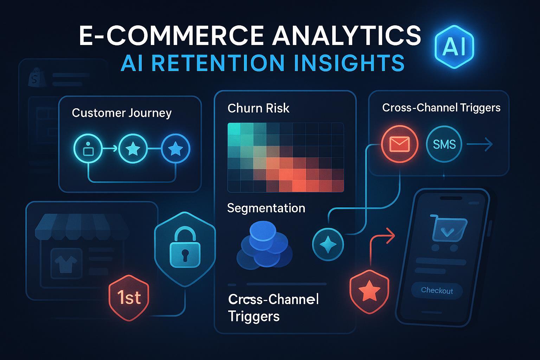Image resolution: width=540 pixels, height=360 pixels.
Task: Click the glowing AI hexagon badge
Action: [x=454, y=47]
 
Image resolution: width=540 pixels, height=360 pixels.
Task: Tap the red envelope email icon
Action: [x=399, y=144]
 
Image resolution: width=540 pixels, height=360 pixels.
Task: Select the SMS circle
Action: [x=444, y=144]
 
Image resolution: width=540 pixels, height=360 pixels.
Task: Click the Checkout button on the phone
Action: [x=437, y=290]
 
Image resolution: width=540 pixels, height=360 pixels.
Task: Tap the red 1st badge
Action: [x=129, y=298]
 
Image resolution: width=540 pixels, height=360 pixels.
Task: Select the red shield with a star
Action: [x=369, y=291]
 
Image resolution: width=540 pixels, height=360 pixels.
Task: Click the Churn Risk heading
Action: [x=258, y=108]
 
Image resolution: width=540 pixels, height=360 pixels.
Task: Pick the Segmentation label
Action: [x=266, y=208]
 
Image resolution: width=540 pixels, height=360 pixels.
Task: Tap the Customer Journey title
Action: [x=122, y=113]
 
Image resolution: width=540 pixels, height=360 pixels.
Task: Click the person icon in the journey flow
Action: [x=88, y=148]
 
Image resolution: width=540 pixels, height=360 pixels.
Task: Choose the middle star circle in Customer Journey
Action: [x=133, y=148]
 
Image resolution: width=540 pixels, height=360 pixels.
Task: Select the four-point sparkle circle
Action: [x=328, y=245]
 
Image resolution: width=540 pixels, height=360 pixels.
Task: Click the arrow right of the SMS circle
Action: [x=480, y=144]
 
